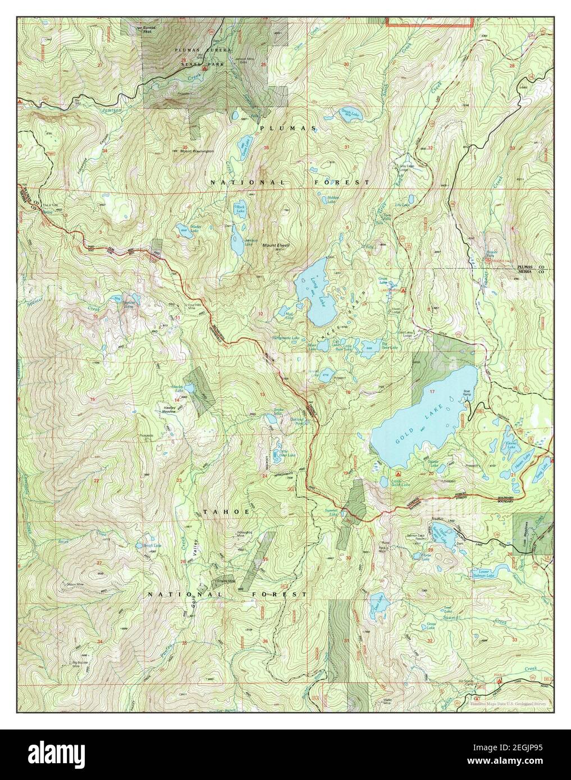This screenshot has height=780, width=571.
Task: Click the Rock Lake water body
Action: (240, 209)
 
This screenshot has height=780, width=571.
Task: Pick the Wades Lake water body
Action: (182, 229)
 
